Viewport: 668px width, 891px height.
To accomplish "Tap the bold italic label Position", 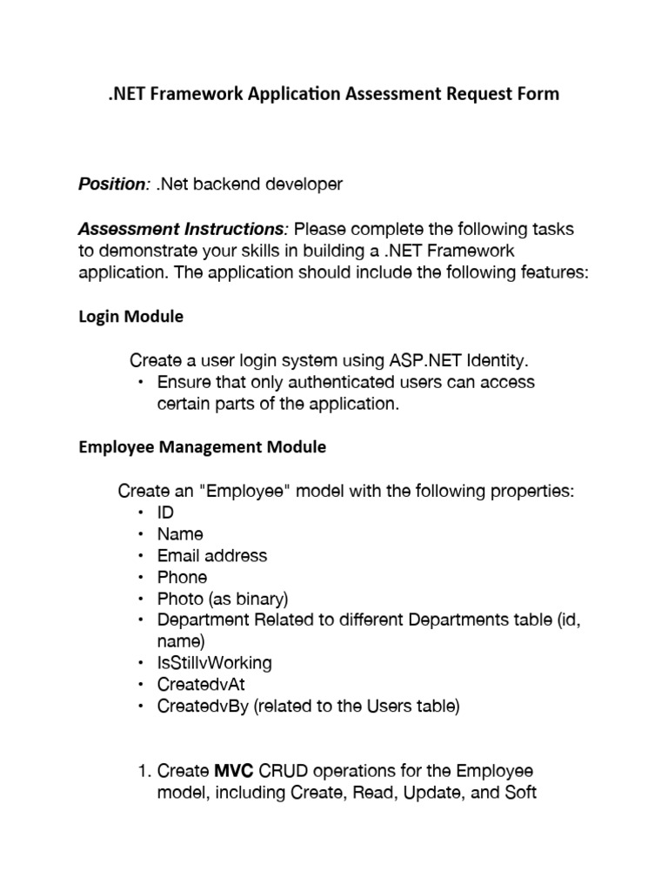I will point(112,184).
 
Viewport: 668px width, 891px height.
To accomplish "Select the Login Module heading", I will point(131,317).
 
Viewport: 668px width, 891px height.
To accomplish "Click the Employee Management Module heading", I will point(203,447).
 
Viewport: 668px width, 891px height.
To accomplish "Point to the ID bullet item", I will point(165,513).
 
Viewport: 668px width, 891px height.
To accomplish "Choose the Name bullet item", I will point(180,534).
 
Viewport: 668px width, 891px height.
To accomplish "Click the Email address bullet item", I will point(212,555).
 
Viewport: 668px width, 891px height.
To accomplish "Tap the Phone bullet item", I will point(182,577).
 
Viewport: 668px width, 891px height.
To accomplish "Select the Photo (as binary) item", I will point(223,599).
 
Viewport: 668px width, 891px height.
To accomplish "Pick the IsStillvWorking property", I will point(214,663).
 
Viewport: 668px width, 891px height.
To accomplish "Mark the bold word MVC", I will point(234,772).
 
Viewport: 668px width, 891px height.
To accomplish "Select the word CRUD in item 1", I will point(285,772).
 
